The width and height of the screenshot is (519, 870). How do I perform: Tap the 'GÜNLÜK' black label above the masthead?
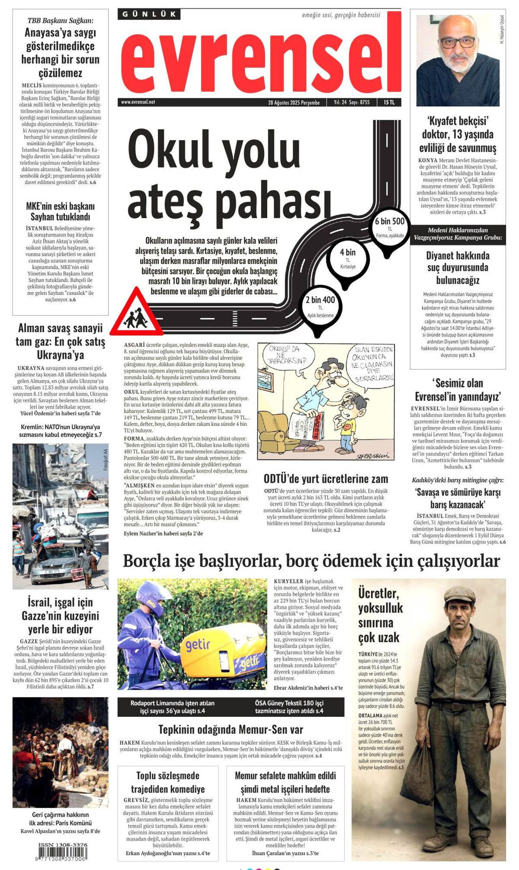click(x=149, y=14)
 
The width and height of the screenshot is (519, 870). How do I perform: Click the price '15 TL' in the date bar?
click(x=389, y=103)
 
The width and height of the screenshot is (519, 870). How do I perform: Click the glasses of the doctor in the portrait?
click(x=458, y=42)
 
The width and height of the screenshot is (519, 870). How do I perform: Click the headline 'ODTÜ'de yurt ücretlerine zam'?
click(x=326, y=479)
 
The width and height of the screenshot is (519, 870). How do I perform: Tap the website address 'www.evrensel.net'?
click(x=138, y=103)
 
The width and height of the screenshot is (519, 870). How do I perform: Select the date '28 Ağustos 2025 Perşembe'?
click(x=294, y=103)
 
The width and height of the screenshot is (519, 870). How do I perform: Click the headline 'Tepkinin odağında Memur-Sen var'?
click(x=231, y=729)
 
